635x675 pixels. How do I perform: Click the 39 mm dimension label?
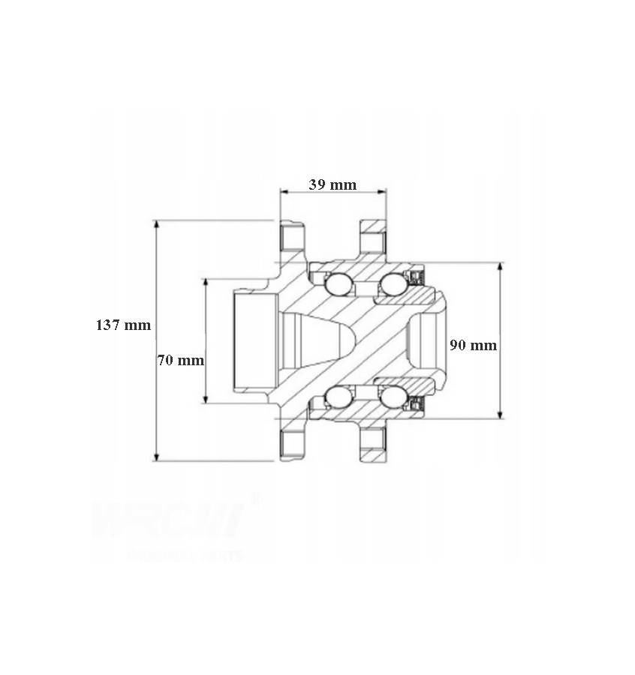tap(333, 184)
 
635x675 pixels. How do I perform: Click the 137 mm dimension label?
tap(123, 325)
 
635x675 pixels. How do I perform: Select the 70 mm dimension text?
tap(181, 360)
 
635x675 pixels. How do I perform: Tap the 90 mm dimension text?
tap(473, 346)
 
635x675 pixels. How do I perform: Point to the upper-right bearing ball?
tap(392, 284)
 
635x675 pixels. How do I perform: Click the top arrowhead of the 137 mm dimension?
tap(156, 224)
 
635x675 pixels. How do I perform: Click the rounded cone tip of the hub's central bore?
tap(354, 340)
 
